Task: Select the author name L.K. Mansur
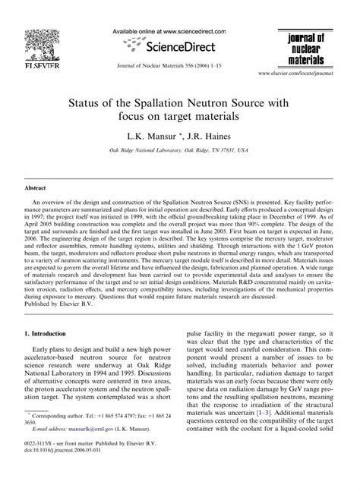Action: pyautogui.click(x=153, y=137)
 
